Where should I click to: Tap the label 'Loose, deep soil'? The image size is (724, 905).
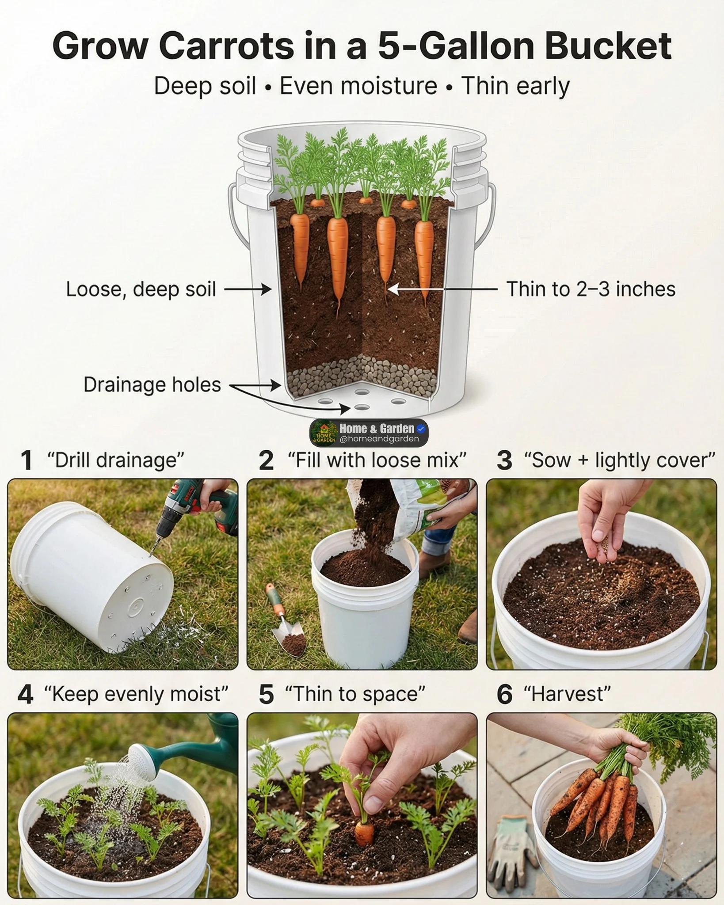[141, 289]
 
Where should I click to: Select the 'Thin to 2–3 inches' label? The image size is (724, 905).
[591, 289]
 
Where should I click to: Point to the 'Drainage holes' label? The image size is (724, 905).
[152, 385]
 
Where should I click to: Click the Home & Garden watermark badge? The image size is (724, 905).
[369, 433]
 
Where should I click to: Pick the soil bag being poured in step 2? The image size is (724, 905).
[413, 508]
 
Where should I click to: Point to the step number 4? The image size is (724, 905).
[25, 694]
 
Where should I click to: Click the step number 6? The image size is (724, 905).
[505, 694]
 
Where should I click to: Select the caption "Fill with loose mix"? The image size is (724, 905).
[377, 460]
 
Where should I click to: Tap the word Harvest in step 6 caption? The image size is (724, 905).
[567, 694]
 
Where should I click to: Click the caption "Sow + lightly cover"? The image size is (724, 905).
[619, 460]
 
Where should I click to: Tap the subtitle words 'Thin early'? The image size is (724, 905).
[515, 86]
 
